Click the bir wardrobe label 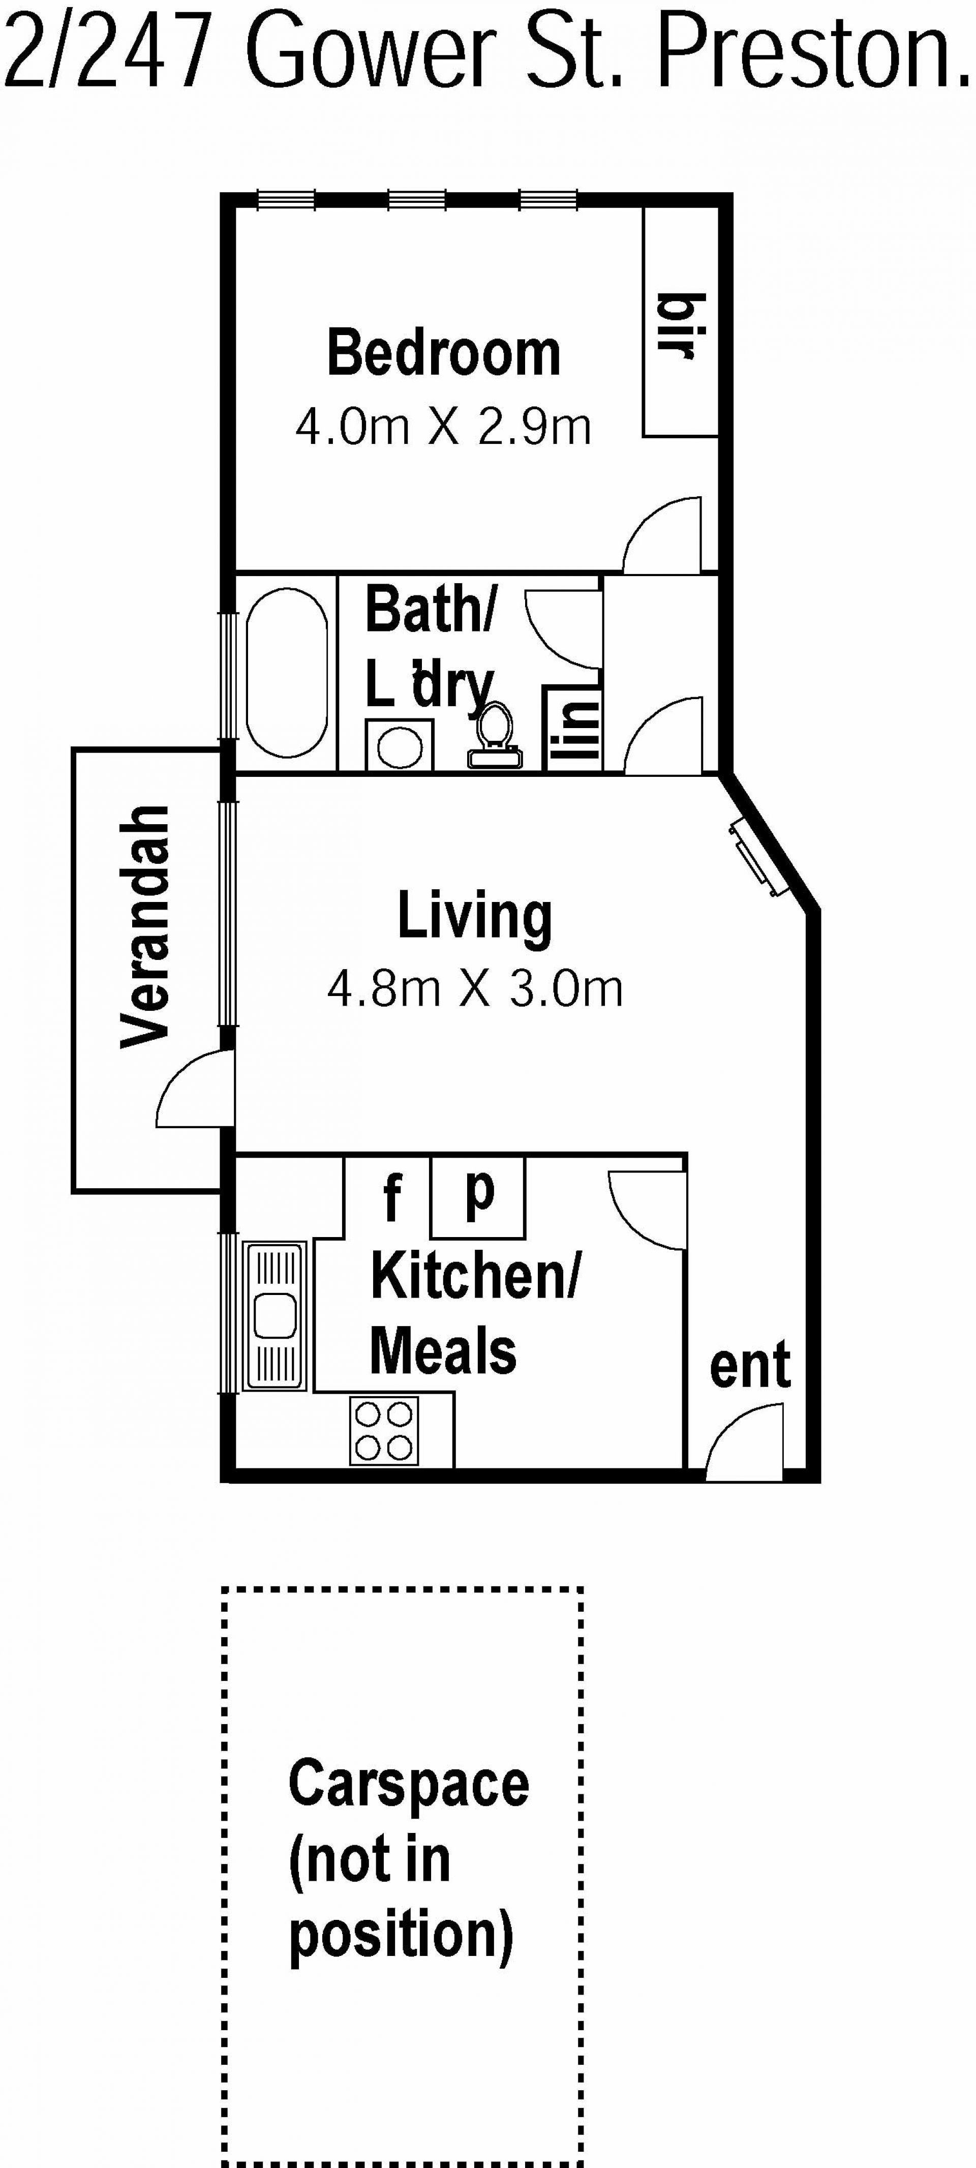[x=680, y=326]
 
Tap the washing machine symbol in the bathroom [x=400, y=745]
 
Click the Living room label [x=475, y=917]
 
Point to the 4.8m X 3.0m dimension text [x=475, y=989]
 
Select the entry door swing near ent [x=744, y=1441]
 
